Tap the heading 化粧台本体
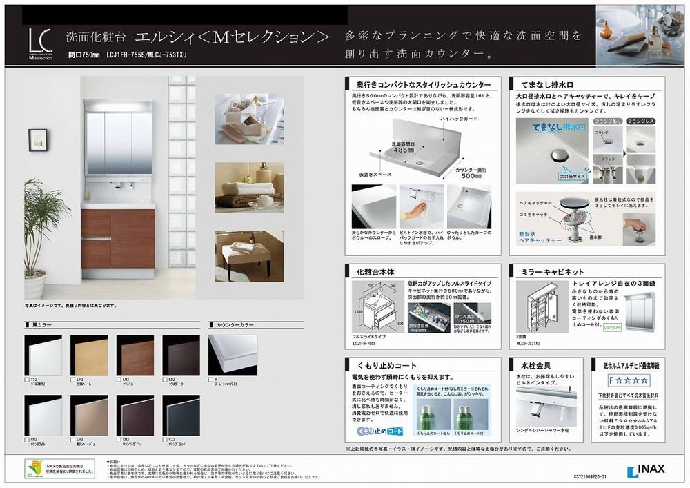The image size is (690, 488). (x=364, y=272)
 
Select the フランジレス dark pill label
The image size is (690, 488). (x=643, y=121)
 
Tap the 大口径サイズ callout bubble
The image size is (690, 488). (x=569, y=176)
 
